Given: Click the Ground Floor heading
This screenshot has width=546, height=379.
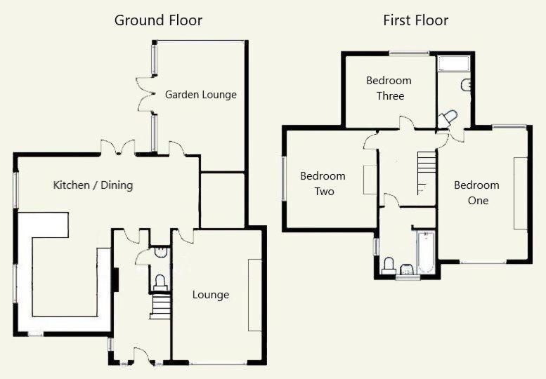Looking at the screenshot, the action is [158, 20].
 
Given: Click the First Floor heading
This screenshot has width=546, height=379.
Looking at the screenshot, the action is [415, 20].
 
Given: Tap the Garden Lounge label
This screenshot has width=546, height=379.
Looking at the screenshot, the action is [200, 95].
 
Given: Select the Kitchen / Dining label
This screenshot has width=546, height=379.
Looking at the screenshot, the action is [93, 185].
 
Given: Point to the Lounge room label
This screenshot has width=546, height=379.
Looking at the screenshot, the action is [211, 295].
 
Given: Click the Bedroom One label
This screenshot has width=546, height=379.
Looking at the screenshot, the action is [476, 192].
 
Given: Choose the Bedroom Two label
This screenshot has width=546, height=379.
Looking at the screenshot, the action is [323, 184].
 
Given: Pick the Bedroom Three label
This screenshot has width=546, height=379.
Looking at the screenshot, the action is [389, 88].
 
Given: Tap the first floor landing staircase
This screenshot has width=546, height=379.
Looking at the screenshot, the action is [427, 173].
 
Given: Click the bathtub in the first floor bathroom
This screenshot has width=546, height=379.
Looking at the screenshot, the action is [426, 252].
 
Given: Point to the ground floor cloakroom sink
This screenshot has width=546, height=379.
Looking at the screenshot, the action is [161, 252].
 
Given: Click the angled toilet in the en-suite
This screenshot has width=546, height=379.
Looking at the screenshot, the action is [448, 118].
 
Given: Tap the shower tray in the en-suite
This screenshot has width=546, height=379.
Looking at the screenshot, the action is [454, 64].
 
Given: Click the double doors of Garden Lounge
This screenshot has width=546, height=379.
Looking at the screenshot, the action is [145, 94].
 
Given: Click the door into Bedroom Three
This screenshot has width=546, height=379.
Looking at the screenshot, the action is [406, 123].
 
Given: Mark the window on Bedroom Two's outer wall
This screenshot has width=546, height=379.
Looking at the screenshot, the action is [284, 178].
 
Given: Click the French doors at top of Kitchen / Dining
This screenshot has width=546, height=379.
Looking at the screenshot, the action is [117, 147].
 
